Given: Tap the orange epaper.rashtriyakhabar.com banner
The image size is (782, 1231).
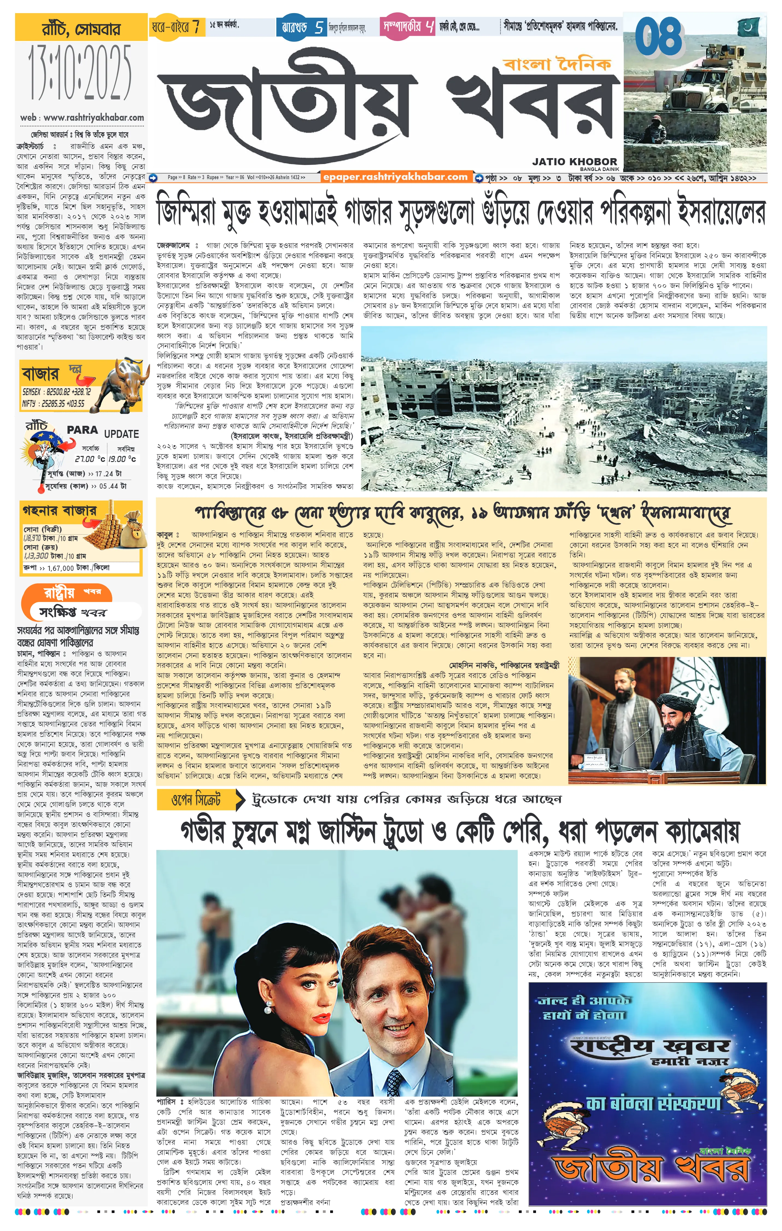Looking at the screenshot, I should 395,177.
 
